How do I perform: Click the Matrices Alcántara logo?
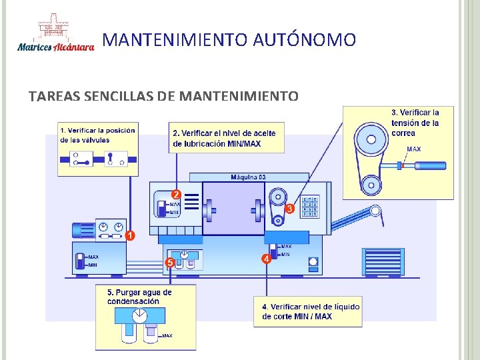pyautogui.click(x=56, y=34)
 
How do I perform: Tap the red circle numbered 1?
pyautogui.click(x=130, y=235)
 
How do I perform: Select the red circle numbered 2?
pyautogui.click(x=177, y=193)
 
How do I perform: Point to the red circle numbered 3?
pyautogui.click(x=289, y=209)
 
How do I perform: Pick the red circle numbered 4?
pyautogui.click(x=266, y=258)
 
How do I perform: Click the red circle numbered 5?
pyautogui.click(x=170, y=263)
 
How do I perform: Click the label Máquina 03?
pyautogui.click(x=248, y=177)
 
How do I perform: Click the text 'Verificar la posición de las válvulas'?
pyautogui.click(x=97, y=135)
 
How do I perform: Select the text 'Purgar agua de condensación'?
pyautogui.click(x=139, y=297)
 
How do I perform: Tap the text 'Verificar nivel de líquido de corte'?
pyautogui.click(x=311, y=311)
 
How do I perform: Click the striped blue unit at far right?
pyautogui.click(x=383, y=261)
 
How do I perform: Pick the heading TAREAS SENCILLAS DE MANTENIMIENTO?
pyautogui.click(x=163, y=97)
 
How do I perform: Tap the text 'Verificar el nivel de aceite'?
pyautogui.click(x=224, y=134)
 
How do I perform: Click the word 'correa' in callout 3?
pyautogui.click(x=403, y=133)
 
